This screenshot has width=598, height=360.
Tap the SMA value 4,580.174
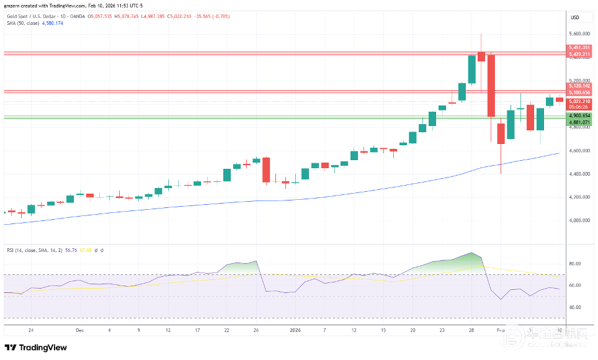(53, 24)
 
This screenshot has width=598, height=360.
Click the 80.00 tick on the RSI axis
(576, 264)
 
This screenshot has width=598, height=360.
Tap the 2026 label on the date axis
(297, 331)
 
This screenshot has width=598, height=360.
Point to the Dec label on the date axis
(79, 331)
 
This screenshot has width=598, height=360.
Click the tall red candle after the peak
(491, 86)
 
